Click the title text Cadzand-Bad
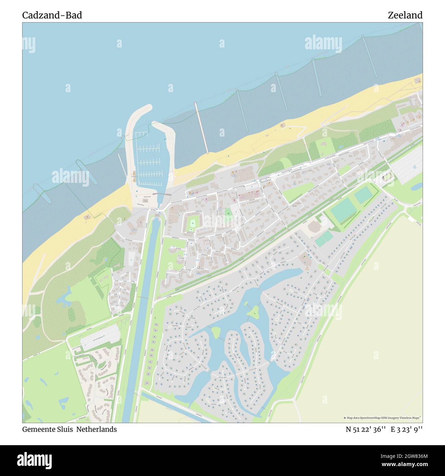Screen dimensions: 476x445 52,15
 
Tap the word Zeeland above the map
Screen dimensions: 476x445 405,15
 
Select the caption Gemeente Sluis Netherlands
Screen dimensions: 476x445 69,429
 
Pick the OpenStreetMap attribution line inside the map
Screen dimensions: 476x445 382,418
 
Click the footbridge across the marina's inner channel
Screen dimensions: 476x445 162,195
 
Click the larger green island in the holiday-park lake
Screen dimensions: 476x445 253,311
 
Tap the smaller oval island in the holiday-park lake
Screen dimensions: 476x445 216,331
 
